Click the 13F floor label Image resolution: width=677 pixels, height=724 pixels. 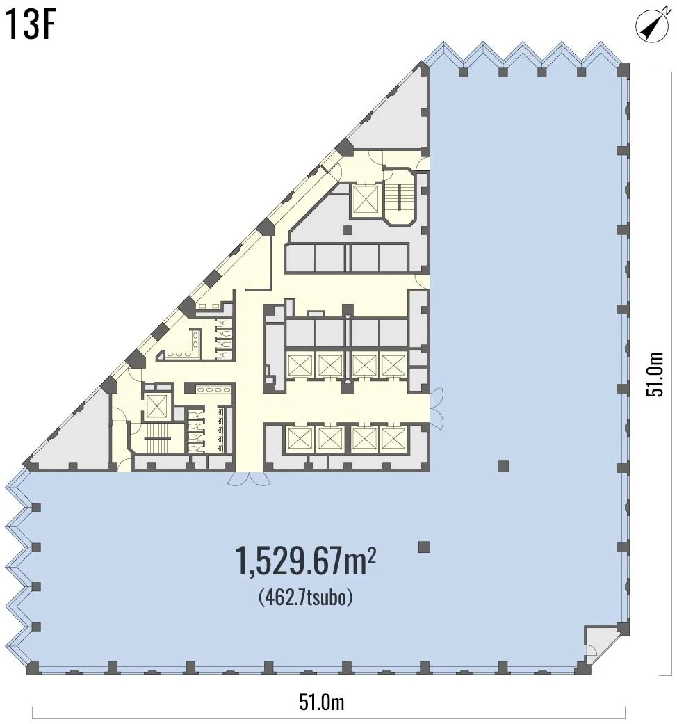[31, 27]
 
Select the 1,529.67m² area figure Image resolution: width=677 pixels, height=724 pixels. [306, 561]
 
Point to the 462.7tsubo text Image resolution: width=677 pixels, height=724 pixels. [306, 597]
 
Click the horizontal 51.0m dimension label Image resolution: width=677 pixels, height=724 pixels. [322, 702]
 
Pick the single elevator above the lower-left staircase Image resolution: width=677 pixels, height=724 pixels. [156, 406]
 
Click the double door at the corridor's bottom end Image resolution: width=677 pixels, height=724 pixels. [250, 478]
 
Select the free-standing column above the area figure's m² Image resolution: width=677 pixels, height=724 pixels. [424, 547]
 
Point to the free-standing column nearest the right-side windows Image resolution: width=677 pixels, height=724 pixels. [503, 466]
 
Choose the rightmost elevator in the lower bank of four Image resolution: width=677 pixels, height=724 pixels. [393, 439]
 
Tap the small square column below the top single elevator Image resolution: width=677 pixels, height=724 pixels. [348, 230]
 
